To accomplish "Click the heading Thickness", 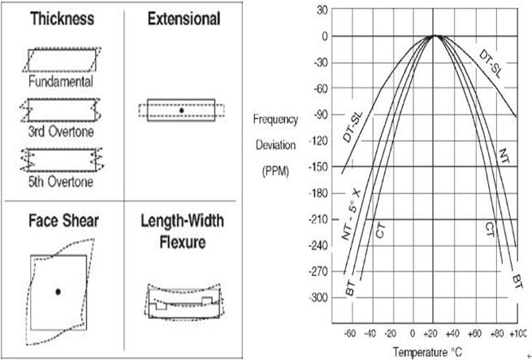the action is [62, 19].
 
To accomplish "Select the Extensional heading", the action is [184, 19].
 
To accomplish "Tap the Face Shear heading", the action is [63, 221].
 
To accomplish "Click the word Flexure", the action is [183, 242].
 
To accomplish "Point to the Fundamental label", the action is [61, 81].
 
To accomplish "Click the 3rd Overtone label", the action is [61, 132].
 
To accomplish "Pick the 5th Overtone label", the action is [61, 182].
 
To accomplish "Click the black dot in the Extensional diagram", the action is [181, 111].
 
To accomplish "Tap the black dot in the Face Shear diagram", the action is [58, 292].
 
